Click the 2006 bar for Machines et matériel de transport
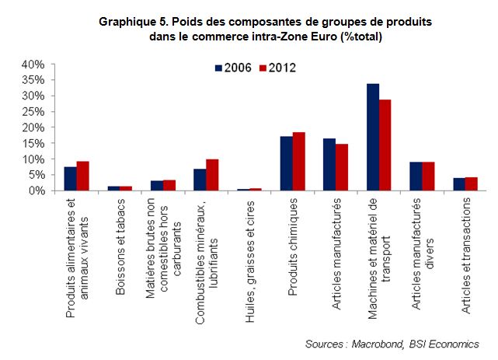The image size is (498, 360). tap(373, 137)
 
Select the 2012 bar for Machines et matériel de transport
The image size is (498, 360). tap(385, 145)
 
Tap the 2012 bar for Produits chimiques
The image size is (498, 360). tap(298, 162)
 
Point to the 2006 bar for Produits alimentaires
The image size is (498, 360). tap(71, 179)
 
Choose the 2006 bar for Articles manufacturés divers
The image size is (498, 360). tap(416, 177)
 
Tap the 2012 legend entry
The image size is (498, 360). tap(277, 68)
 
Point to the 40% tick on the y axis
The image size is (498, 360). tap(37, 64)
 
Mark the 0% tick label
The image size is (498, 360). tap(40, 190)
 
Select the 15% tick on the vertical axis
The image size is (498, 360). tap(37, 143)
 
